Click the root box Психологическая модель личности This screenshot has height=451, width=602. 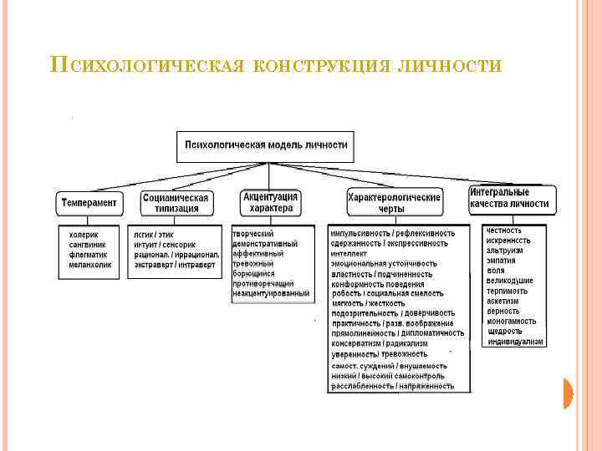267,145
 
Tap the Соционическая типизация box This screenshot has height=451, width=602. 176,203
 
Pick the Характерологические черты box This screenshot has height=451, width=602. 394,203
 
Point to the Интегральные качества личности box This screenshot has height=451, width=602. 509,198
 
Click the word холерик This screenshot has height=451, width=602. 83,235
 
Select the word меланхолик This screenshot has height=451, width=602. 89,265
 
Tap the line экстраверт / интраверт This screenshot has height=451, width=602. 175,265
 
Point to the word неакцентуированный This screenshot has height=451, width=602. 271,293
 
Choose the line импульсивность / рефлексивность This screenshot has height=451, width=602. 393,232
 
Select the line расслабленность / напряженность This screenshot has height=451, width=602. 393,386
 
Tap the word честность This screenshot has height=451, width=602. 504,230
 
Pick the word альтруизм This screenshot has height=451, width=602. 505,250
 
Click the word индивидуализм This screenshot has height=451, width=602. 515,342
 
